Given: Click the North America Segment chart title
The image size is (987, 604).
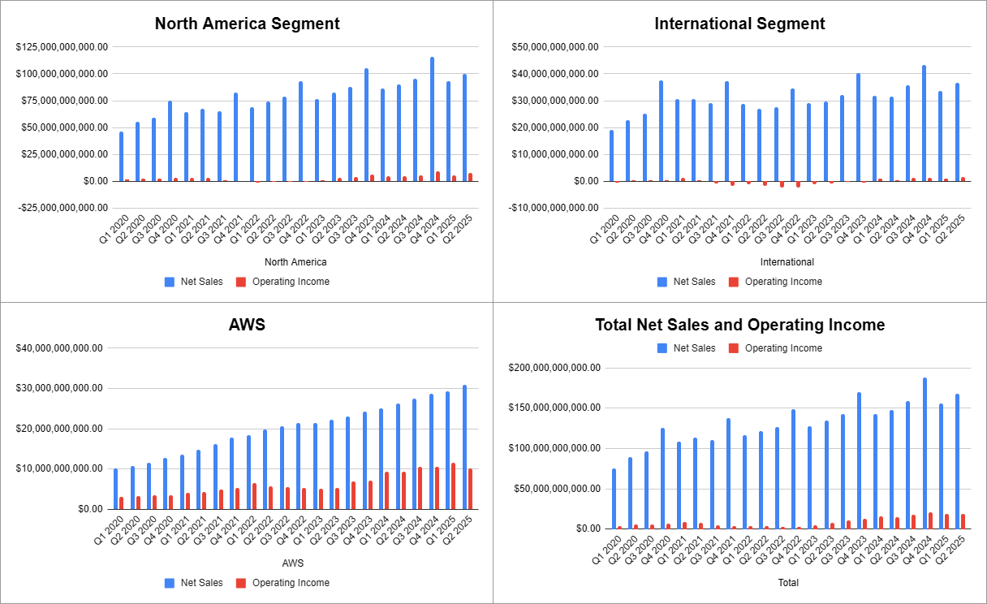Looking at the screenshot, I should [247, 24].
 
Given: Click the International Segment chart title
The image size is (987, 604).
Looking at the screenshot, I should [739, 24].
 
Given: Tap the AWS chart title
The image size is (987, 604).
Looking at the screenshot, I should [247, 326].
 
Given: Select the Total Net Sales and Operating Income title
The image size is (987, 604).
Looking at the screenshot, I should [739, 325].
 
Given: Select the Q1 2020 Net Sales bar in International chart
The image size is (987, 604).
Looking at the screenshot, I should [611, 155].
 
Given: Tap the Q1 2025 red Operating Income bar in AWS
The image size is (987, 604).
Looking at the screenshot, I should [453, 486].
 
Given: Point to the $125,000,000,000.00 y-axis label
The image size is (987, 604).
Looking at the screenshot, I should [62, 47].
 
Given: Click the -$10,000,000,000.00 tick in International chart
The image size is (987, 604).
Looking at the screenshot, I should [555, 208].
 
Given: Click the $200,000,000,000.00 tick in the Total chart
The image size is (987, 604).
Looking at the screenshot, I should [555, 368].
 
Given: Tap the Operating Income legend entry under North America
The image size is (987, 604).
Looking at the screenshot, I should [291, 282].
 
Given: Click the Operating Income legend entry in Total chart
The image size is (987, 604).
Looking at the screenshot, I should [783, 348].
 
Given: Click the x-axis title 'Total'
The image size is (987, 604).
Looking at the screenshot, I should [787, 583].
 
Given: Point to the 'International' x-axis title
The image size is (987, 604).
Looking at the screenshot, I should [787, 262].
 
